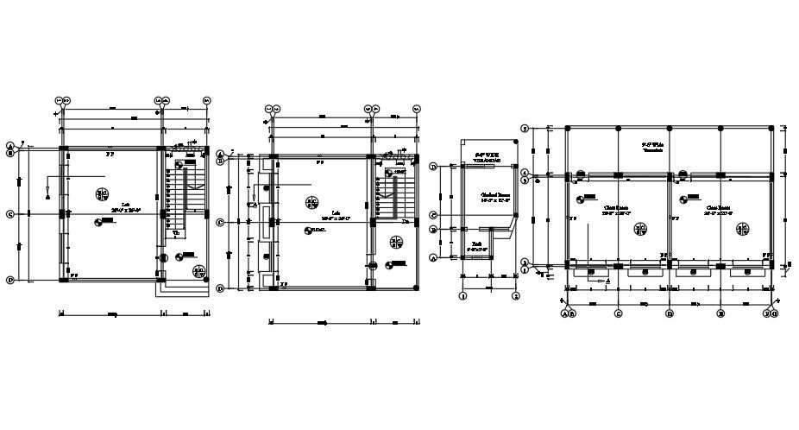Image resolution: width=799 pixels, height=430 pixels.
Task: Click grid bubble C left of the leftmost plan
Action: [9, 214]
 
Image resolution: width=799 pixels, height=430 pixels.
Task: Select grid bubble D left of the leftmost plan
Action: [9, 280]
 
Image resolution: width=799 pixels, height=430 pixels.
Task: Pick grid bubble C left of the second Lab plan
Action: [220, 222]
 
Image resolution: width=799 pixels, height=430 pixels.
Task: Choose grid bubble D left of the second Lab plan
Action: [220, 288]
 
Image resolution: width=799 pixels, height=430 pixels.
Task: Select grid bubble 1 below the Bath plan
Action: [463, 295]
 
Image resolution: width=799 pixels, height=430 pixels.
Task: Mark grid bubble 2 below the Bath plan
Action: [515, 295]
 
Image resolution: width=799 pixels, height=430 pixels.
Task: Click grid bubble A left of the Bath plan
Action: [433, 257]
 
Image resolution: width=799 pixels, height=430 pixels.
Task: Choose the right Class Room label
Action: [718, 210]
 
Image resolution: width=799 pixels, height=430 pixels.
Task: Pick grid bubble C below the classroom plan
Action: [618, 313]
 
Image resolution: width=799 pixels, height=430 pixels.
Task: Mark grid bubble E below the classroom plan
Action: [720, 313]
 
